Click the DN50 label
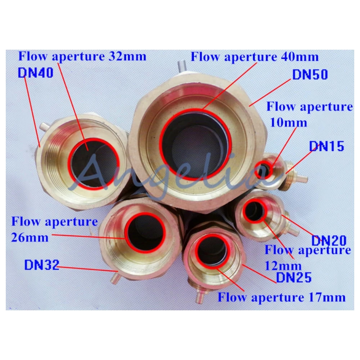(x=309, y=75)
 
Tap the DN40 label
(x=35, y=73)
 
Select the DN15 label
(x=326, y=147)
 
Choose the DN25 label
(x=293, y=278)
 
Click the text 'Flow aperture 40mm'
(x=255, y=57)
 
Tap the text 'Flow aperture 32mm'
(x=82, y=57)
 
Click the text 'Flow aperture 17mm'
(x=282, y=297)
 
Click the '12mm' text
(x=283, y=266)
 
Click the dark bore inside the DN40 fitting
(x=94, y=162)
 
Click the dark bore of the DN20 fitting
(x=255, y=211)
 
